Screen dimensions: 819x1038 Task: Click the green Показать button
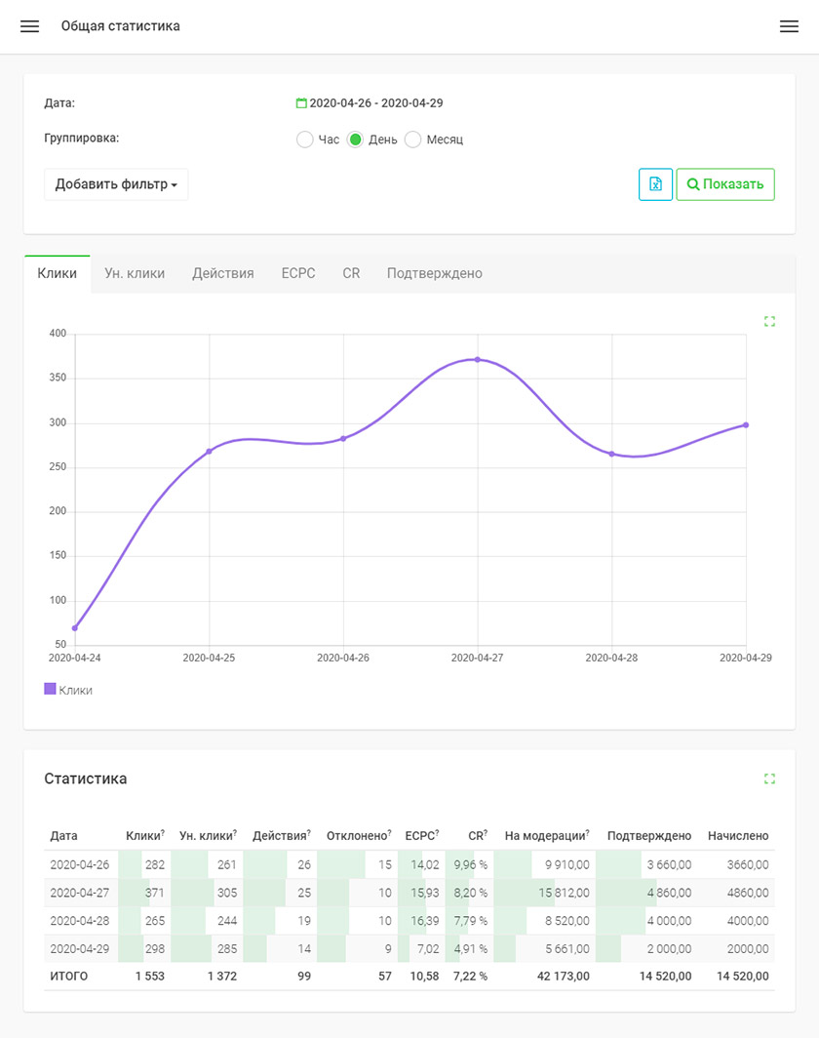(725, 184)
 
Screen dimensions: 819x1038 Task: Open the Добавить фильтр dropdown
(116, 184)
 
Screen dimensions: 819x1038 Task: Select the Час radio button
(304, 140)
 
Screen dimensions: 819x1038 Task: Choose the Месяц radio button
(412, 140)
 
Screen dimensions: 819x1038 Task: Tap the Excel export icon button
(655, 184)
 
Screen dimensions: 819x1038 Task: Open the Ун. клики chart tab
(135, 273)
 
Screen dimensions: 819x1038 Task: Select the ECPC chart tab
(298, 273)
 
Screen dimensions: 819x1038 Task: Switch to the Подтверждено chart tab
(435, 273)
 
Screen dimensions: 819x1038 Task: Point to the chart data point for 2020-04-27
(478, 359)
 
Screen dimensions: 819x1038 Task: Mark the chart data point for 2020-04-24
(75, 627)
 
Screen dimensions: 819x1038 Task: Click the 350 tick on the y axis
(58, 378)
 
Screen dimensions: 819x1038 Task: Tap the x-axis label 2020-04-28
(611, 658)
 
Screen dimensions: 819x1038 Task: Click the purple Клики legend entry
(68, 690)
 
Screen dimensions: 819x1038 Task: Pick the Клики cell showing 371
(155, 893)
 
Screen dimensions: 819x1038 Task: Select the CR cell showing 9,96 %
(470, 864)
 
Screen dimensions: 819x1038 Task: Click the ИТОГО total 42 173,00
(563, 976)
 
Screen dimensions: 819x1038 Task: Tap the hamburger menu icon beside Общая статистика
(30, 26)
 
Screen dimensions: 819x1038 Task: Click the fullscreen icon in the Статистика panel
(769, 778)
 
